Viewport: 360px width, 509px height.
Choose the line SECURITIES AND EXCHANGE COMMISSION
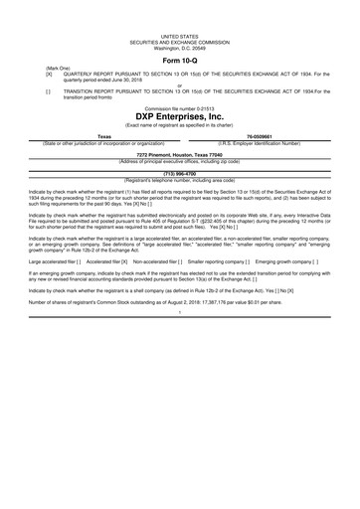[180, 40]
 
